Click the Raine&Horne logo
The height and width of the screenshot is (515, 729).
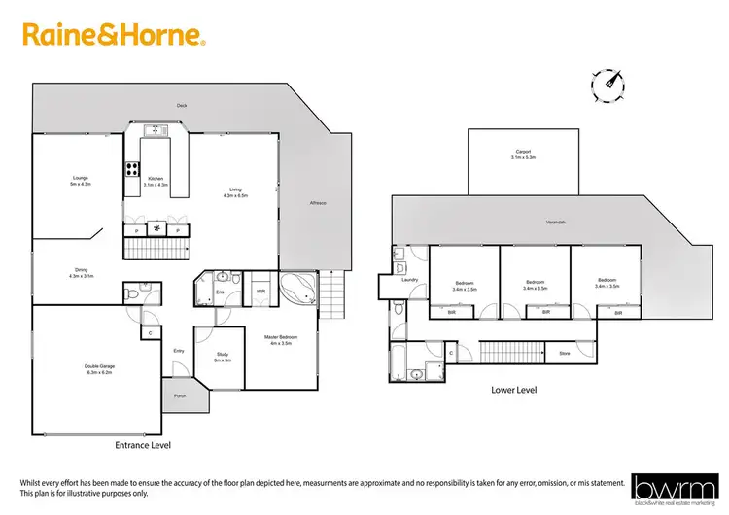pos(114,37)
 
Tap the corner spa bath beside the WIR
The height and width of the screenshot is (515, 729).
pos(297,290)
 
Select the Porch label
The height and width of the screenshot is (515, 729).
pos(181,395)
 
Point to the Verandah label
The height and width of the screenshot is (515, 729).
pos(555,223)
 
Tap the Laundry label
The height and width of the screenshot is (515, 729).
pos(410,280)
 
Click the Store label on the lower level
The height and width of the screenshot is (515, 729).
pos(564,353)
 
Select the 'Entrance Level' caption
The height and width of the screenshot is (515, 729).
pos(144,444)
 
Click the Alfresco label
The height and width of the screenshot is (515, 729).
pos(317,203)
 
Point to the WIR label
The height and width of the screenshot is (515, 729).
pos(260,291)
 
